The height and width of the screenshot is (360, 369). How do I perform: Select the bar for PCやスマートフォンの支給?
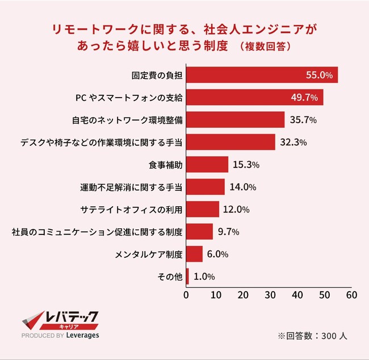(254, 97)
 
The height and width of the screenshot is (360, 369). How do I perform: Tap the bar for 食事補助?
(207, 165)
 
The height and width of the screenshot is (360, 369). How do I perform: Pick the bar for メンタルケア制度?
(194, 254)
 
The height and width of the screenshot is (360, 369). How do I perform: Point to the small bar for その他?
(187, 276)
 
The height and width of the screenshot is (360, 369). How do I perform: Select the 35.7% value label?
(304, 120)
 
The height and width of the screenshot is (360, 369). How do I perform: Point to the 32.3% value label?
(293, 142)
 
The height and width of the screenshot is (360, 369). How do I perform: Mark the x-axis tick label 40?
(296, 295)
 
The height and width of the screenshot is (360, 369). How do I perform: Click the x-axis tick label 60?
(351, 295)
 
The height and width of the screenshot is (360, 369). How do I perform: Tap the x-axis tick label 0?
(186, 295)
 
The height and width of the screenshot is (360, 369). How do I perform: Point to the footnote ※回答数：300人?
(312, 335)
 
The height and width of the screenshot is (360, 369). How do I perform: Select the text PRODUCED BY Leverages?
(60, 336)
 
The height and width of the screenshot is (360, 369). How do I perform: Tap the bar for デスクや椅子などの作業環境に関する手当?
(230, 142)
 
